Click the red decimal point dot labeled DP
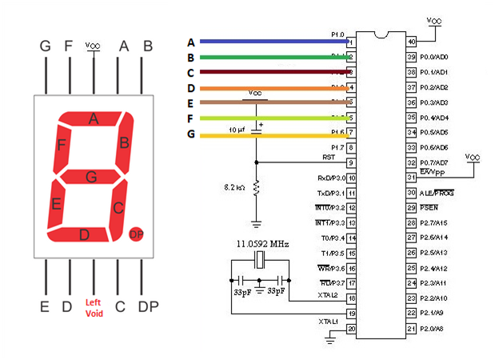coord(136,234)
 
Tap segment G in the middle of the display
coord(92,176)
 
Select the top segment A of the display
coord(94,119)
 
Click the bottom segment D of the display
coord(85,234)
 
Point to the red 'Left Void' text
coord(94,308)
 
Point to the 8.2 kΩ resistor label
coord(237,186)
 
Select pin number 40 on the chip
coord(412,42)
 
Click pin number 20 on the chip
coord(351,329)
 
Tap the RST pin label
coord(327,157)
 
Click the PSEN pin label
coord(429,208)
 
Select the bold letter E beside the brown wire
coord(191,103)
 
